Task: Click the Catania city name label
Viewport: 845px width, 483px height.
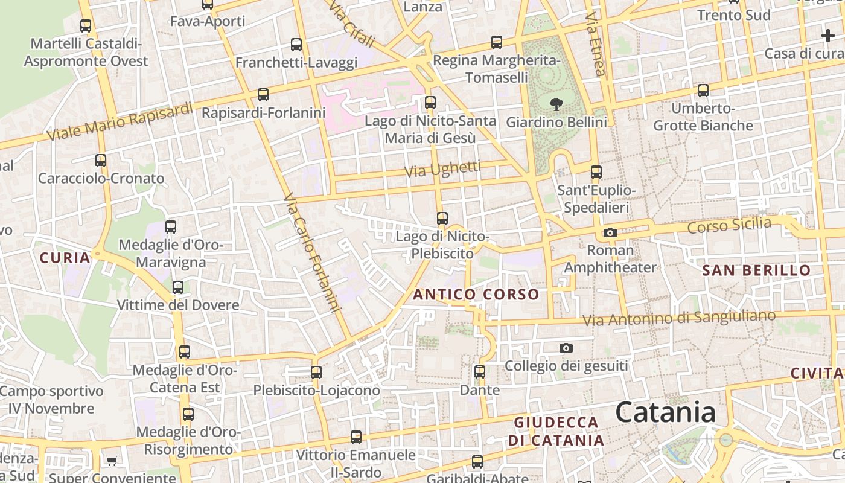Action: (666, 412)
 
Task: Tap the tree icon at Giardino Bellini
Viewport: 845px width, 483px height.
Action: (556, 104)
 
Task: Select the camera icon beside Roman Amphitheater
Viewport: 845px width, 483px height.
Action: (610, 233)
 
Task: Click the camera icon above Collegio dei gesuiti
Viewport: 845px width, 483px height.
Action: (566, 348)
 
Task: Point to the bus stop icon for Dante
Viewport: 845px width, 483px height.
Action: (480, 372)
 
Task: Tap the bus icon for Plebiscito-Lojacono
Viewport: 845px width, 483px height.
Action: (316, 373)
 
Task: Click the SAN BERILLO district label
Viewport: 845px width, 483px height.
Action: (756, 270)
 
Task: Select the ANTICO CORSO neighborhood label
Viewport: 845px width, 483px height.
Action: (476, 295)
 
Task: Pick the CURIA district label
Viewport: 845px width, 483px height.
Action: (65, 258)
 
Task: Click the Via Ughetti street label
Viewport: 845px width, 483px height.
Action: (442, 170)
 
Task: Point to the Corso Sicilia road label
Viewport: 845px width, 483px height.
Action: (729, 225)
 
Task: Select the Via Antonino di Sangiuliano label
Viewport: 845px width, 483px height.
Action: (679, 318)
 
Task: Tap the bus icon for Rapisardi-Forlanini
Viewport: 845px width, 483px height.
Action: (263, 95)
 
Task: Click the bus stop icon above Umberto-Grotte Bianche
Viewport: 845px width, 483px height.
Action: (703, 91)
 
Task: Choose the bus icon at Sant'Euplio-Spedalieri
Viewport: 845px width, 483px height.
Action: (596, 172)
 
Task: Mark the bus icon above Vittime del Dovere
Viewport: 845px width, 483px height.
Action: (177, 287)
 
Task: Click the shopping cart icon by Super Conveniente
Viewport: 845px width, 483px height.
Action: (112, 462)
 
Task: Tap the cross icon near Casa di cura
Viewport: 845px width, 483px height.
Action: (827, 36)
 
